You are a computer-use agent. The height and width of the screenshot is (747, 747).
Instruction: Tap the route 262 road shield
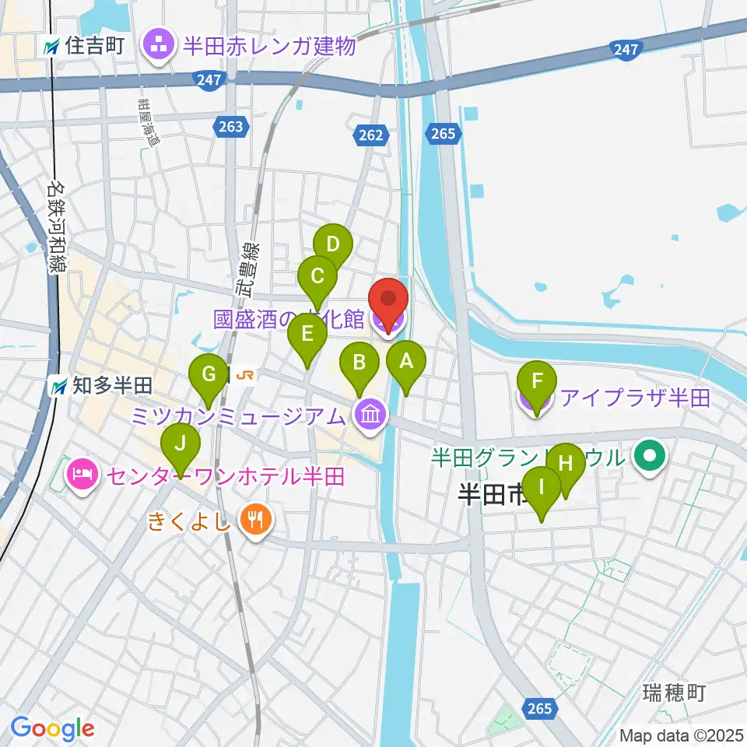(372, 135)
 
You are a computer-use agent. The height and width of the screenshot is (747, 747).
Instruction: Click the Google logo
(53, 728)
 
